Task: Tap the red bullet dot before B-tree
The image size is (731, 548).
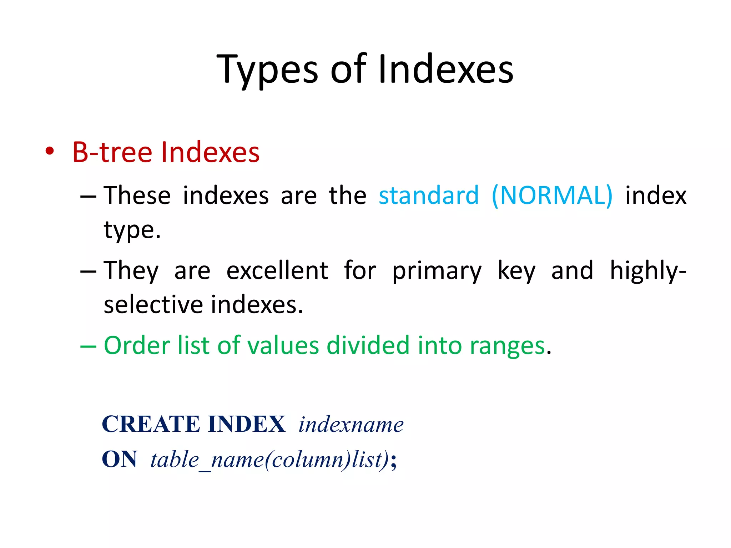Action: click(50, 152)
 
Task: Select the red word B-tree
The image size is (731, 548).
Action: click(112, 152)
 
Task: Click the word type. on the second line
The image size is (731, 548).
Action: click(132, 230)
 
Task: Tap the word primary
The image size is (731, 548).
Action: click(437, 271)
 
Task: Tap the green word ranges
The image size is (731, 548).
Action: click(507, 346)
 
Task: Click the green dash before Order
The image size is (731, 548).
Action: click(88, 346)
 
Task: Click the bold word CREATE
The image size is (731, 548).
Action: click(152, 424)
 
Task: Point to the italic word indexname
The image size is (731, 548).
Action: click(351, 425)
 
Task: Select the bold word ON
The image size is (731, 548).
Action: click(119, 459)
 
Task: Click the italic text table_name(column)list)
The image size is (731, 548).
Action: click(269, 460)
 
